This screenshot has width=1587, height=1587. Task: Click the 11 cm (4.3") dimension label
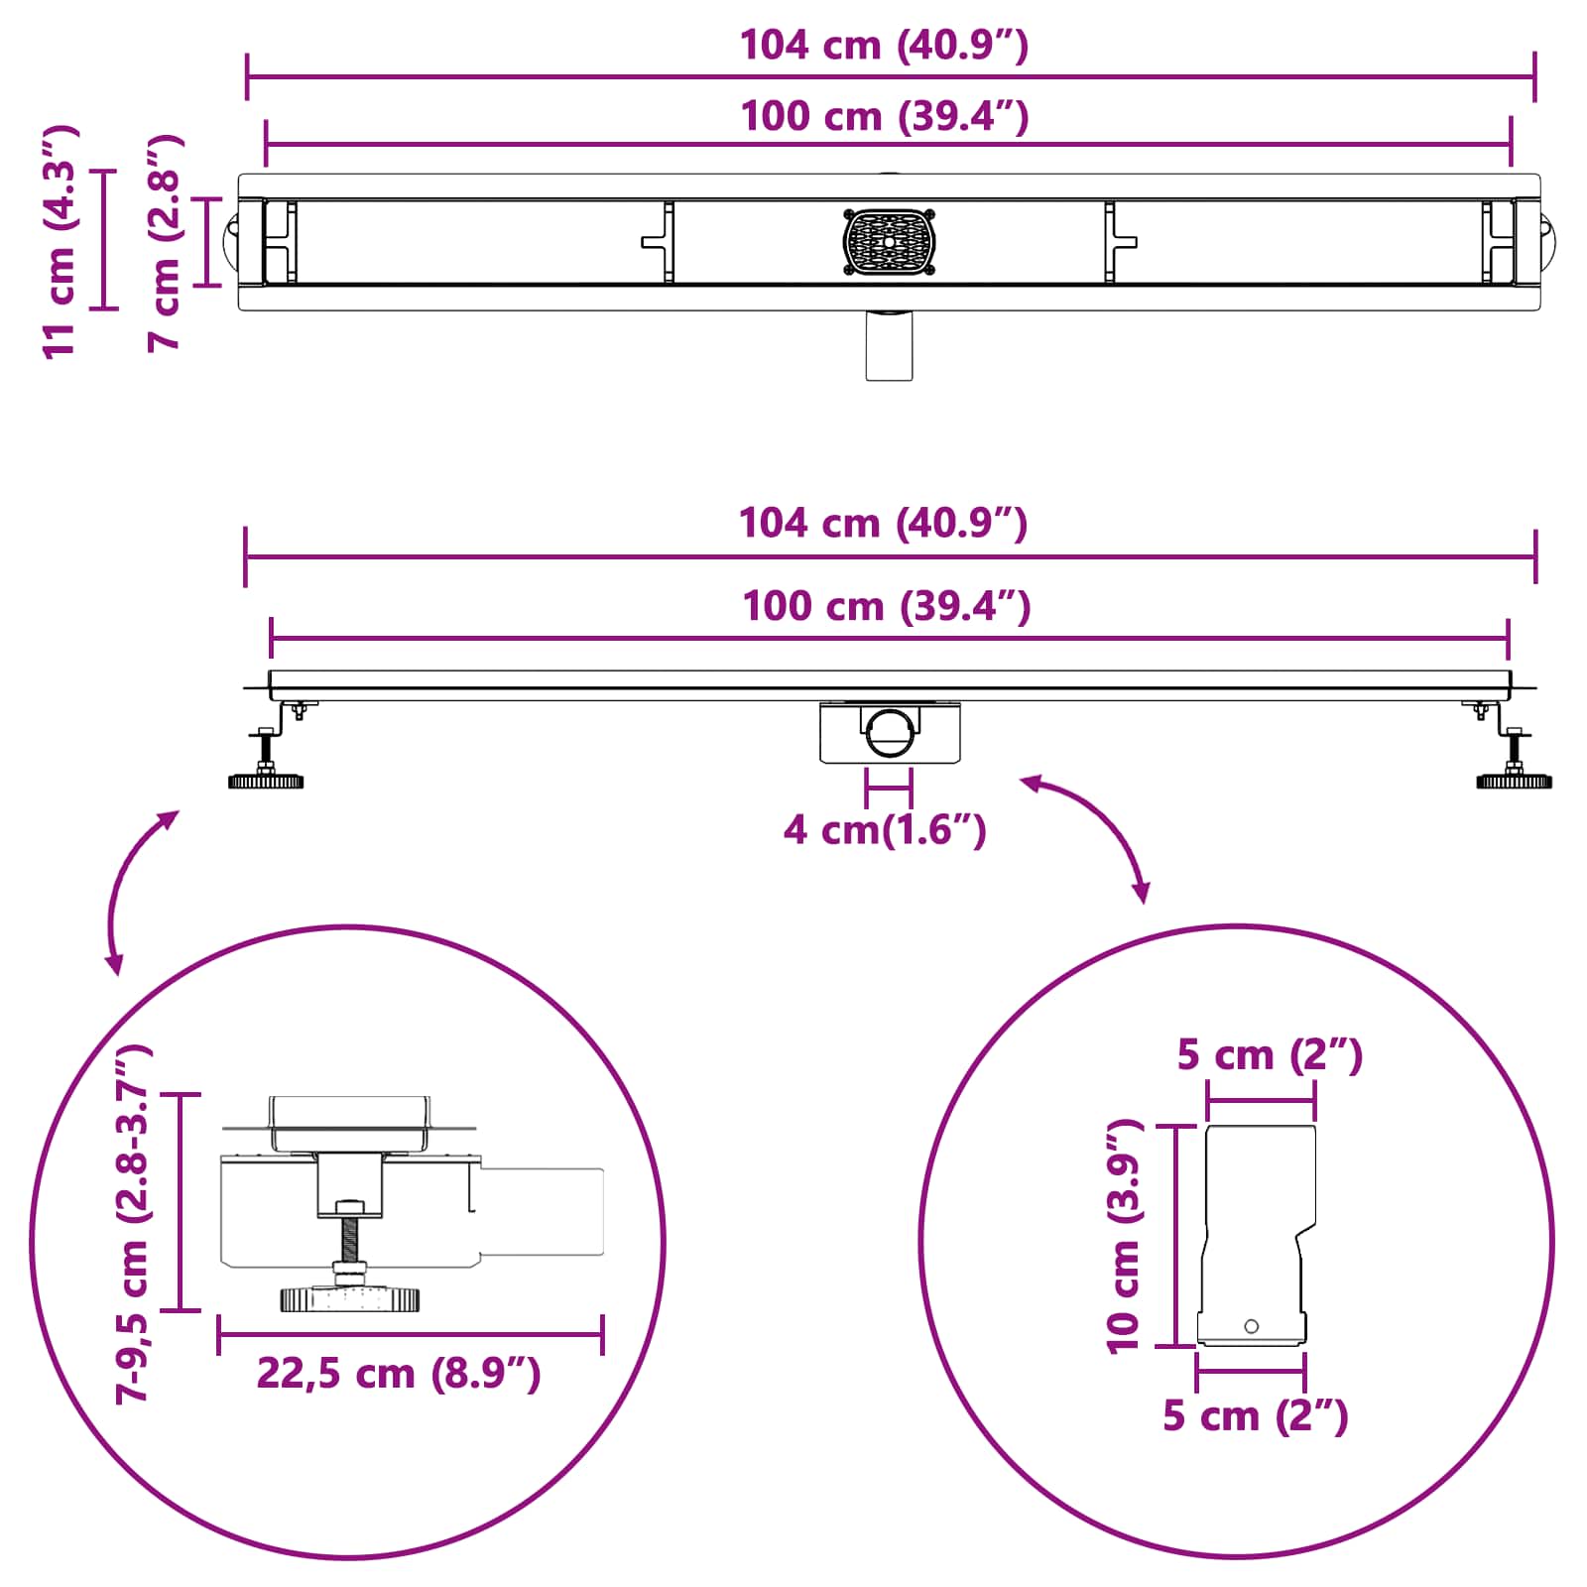pyautogui.click(x=60, y=241)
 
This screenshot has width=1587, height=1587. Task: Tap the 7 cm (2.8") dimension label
pyautogui.click(x=165, y=242)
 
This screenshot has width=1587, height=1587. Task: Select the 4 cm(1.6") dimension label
pyautogui.click(x=885, y=829)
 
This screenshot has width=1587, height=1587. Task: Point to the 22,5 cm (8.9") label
pyautogui.click(x=399, y=1374)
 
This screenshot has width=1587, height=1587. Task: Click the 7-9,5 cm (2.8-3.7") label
pyautogui.click(x=133, y=1222)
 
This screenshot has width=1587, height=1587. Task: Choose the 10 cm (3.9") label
pyautogui.click(x=1125, y=1236)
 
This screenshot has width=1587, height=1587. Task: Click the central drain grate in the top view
pyautogui.click(x=890, y=242)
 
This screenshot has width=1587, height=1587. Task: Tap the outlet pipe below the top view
pyautogui.click(x=889, y=345)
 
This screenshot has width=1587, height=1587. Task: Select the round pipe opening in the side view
pyautogui.click(x=890, y=731)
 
